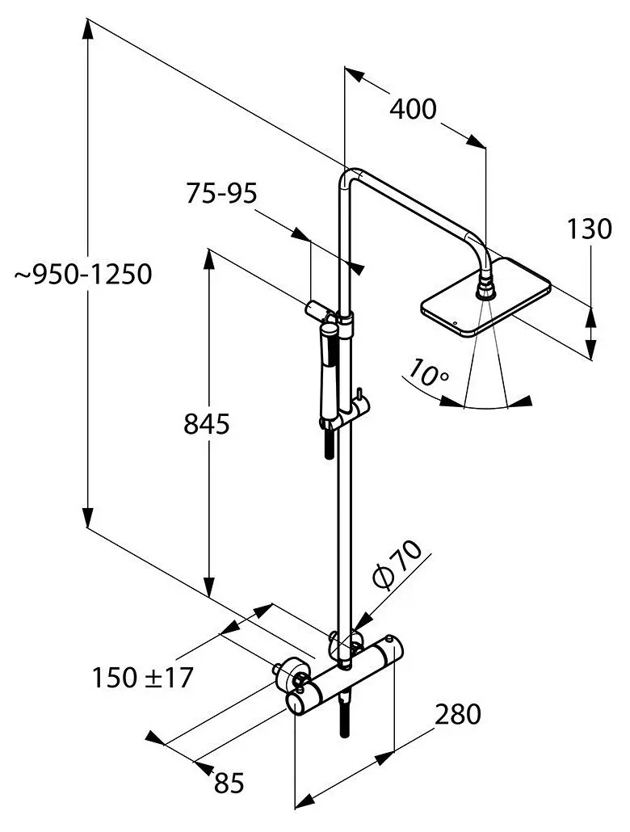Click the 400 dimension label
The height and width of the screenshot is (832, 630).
click(413, 108)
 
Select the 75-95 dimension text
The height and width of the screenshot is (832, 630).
click(221, 194)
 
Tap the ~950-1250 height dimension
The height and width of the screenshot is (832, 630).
click(83, 275)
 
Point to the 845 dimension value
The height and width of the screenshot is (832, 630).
click(207, 424)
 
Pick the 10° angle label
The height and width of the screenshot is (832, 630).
click(428, 372)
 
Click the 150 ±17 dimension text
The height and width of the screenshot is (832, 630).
click(142, 678)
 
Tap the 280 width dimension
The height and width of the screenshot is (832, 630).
click(458, 714)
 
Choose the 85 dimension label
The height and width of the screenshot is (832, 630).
click(229, 781)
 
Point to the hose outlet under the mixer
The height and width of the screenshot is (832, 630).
click(346, 711)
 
